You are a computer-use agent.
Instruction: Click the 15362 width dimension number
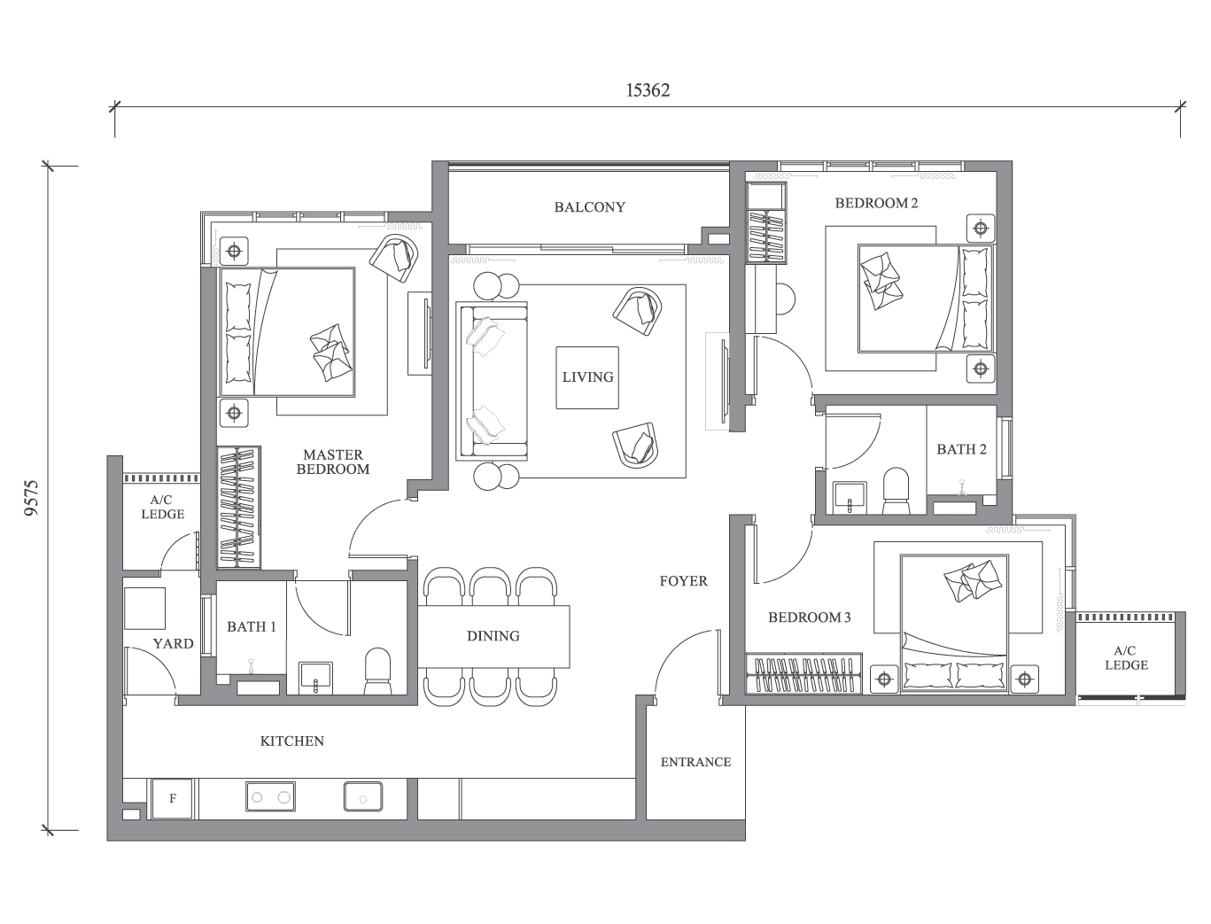coord(648,89)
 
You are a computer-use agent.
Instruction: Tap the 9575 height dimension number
coord(33,498)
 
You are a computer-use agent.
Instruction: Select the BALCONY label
coord(590,207)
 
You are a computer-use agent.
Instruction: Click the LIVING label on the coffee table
coord(587,377)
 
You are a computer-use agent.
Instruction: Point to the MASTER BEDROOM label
coord(333,462)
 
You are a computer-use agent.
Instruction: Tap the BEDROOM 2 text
coord(876,203)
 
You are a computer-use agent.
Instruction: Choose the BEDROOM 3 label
coord(810,617)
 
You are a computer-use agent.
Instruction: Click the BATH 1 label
coord(251,626)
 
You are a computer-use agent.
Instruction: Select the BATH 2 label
coord(961,449)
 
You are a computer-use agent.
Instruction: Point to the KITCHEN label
coord(291,741)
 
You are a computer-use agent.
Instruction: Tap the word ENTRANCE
coord(695,762)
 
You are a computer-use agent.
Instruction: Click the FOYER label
coord(684,581)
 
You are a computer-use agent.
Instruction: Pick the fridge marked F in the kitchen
coord(172,798)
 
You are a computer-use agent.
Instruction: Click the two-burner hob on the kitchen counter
coord(270,796)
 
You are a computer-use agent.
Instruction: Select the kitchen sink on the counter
coord(363,796)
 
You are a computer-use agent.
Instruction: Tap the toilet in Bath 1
coord(378,671)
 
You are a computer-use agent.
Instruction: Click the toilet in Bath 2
coord(896,491)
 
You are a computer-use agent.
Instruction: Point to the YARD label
coord(174,644)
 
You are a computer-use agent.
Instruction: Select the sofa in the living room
coord(492,381)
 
